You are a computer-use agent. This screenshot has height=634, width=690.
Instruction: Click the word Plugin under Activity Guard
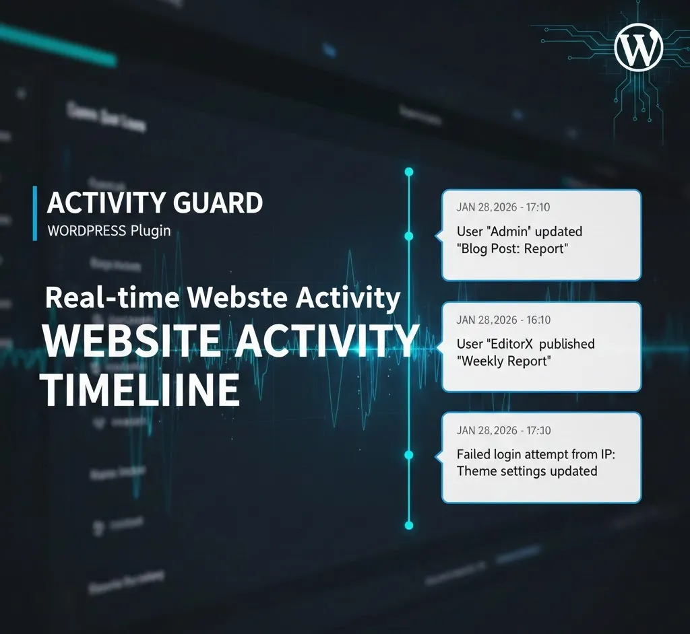click(x=150, y=231)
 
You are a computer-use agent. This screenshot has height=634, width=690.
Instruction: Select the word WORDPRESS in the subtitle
click(x=87, y=231)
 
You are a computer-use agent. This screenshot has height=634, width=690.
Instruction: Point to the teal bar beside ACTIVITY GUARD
click(x=35, y=213)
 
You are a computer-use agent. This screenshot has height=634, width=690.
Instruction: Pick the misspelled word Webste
click(x=236, y=297)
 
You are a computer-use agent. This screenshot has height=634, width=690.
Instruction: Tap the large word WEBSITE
click(x=130, y=342)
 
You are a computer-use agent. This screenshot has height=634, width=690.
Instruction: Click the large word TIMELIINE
click(x=142, y=390)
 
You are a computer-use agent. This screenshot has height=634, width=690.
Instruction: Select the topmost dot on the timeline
click(x=408, y=172)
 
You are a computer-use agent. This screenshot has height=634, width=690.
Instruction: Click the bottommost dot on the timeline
click(x=408, y=524)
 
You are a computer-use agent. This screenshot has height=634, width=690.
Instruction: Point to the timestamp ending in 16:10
click(x=503, y=320)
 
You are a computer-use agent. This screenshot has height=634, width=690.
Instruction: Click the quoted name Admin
click(x=510, y=232)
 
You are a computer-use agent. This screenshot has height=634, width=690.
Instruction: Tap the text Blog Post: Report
click(x=513, y=248)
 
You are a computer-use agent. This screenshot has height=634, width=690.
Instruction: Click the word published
click(x=567, y=344)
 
